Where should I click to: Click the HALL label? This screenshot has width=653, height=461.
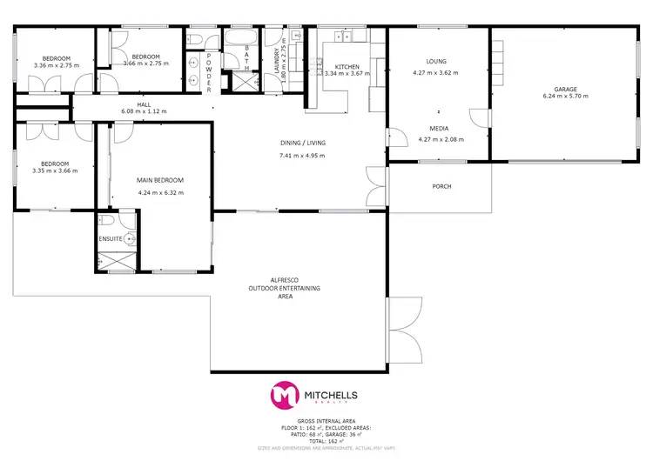pyautogui.click(x=144, y=104)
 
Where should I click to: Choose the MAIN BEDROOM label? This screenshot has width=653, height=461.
pyautogui.click(x=160, y=180)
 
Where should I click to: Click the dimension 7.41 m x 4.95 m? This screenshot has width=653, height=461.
pyautogui.click(x=296, y=156)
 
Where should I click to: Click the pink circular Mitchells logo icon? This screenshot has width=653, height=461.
pyautogui.click(x=284, y=395)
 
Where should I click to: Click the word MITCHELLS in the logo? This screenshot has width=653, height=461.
pyautogui.click(x=330, y=394)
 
